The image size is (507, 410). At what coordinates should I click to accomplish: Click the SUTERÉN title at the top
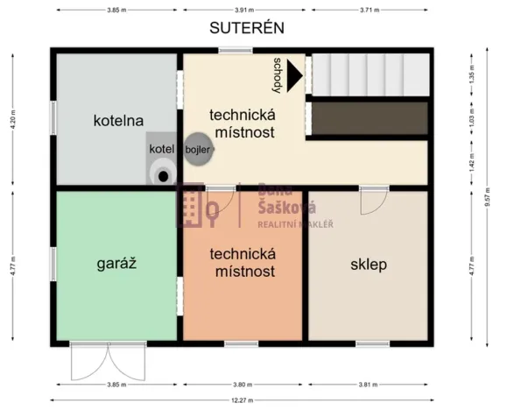(x=246, y=28)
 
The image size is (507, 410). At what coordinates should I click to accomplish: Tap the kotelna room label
(x=118, y=121)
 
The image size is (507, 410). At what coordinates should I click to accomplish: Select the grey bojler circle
(x=194, y=148)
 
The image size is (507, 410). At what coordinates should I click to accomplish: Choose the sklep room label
(x=369, y=263)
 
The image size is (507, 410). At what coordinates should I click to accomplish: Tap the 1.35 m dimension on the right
(x=472, y=76)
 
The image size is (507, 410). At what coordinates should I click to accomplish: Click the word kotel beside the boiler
(x=162, y=148)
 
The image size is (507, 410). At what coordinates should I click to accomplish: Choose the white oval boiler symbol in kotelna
(x=161, y=173)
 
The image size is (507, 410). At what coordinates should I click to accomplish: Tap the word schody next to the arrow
(x=278, y=74)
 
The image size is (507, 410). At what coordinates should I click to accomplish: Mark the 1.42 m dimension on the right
(x=472, y=163)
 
